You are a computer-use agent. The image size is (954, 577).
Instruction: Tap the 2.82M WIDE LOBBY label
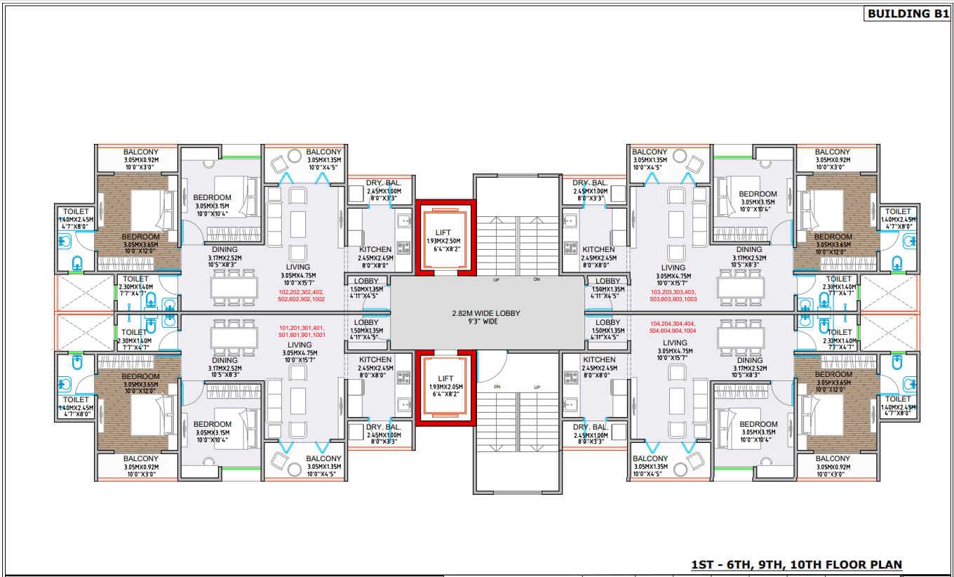486,313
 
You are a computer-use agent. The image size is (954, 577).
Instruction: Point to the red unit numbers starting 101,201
302,332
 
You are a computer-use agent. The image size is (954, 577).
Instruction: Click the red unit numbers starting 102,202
302,296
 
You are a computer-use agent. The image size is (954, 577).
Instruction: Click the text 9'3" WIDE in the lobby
486,322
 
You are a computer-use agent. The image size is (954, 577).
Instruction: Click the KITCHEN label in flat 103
598,249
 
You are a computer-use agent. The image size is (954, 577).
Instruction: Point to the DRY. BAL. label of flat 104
589,427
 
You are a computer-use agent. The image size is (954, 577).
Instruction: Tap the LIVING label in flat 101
300,345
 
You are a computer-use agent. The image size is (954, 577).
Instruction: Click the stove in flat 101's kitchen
403,378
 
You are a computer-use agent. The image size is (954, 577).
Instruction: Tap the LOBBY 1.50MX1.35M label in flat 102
365,285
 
